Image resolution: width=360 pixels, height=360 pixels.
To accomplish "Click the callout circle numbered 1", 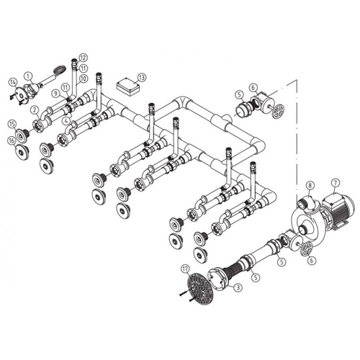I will (28, 75).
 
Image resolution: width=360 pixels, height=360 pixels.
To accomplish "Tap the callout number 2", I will (33, 109).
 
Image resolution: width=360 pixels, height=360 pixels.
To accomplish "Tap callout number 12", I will (83, 57).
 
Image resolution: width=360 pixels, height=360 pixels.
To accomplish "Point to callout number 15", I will (12, 125).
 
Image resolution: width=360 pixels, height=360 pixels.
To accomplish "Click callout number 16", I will (12, 141).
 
